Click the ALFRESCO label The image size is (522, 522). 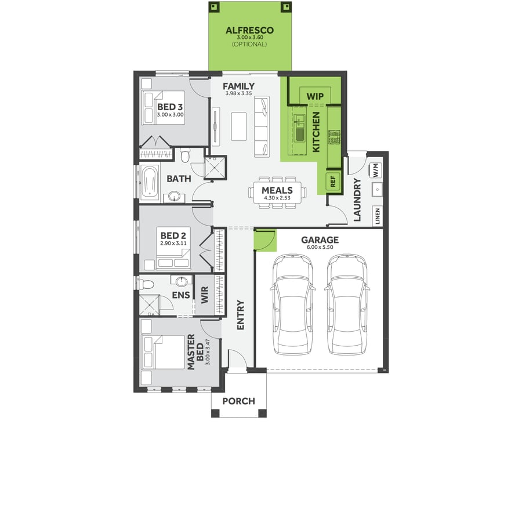click(251, 30)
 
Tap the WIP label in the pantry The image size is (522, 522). click(314, 96)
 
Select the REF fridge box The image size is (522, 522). click(333, 180)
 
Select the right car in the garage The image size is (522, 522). click(346, 304)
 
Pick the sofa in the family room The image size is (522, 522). click(262, 126)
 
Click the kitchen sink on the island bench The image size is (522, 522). click(300, 129)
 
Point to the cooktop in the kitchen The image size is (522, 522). click(334, 137)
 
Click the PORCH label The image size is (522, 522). click(238, 401)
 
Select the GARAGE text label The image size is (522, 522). click(320, 240)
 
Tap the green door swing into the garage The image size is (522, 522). click(264, 240)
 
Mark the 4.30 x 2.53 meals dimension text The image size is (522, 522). click(277, 198)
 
